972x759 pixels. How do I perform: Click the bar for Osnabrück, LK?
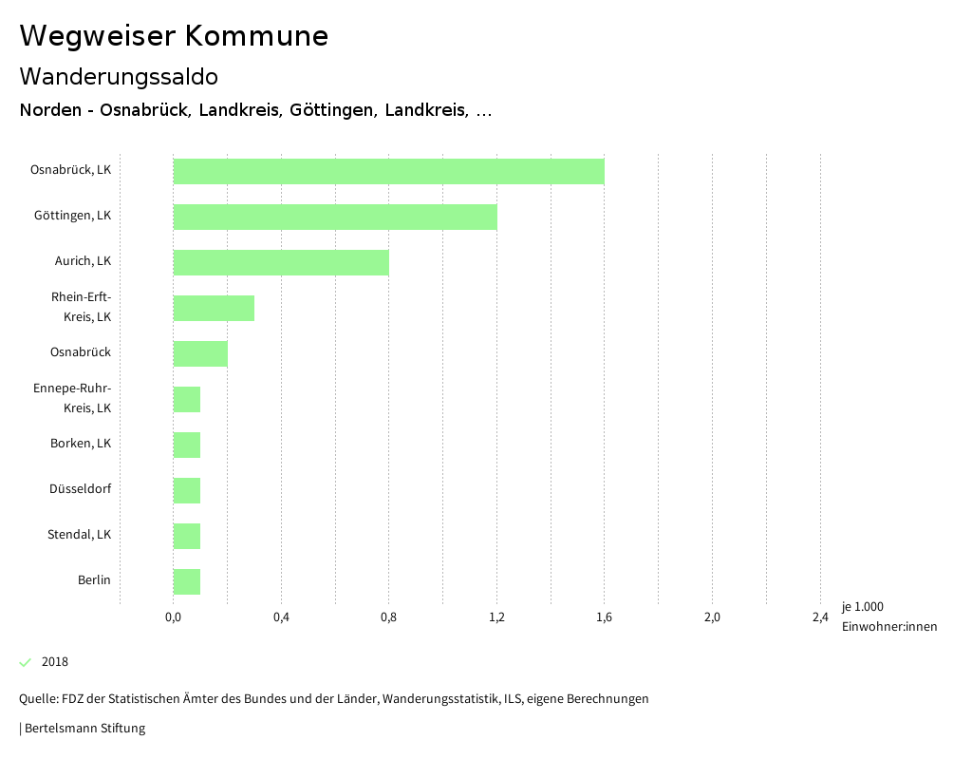point(388,171)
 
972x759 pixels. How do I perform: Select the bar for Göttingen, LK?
point(335,217)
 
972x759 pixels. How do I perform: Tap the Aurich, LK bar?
point(281,262)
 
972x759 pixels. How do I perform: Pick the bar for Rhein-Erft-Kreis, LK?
point(214,308)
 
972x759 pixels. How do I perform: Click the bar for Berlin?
point(187,581)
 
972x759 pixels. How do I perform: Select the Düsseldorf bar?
point(187,490)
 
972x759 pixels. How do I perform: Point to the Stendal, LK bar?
point(187,536)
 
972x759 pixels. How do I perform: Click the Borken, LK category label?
point(81,444)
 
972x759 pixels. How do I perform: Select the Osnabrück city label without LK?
point(81,352)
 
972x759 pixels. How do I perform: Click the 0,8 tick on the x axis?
point(388,617)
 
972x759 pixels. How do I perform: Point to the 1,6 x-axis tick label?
point(604,617)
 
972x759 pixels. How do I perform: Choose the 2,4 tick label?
point(820,617)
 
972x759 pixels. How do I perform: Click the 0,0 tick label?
point(173,617)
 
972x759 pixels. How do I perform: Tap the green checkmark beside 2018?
point(26,662)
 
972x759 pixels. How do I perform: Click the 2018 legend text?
point(55,662)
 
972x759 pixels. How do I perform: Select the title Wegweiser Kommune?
point(174,36)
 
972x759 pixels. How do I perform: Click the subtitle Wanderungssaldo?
point(119,76)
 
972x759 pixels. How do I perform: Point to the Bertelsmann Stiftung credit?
point(84,729)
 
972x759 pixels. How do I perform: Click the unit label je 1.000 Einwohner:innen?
point(888,617)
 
